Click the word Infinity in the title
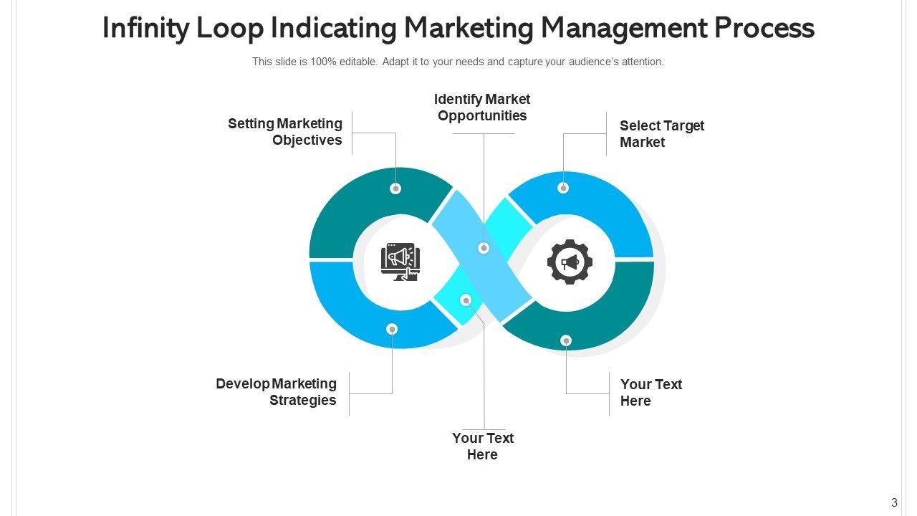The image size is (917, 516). [145, 29]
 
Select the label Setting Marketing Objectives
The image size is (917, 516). [285, 132]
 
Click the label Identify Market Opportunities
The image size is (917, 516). [482, 107]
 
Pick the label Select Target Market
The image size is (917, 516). [661, 134]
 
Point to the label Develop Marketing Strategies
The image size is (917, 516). [277, 392]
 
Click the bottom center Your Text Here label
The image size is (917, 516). [482, 446]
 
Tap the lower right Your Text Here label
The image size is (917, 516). [650, 393]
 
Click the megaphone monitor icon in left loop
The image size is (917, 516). [400, 262]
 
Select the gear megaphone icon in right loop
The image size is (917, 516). [570, 262]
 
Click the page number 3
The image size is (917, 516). [894, 502]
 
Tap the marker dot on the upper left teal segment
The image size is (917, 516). [395, 188]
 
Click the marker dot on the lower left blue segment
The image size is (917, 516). [392, 329]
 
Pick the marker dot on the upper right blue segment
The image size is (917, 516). [563, 188]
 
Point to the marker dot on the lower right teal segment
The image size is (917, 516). [566, 340]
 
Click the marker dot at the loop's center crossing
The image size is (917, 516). [484, 248]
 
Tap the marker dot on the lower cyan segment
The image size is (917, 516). [466, 300]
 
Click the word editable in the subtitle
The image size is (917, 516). [358, 62]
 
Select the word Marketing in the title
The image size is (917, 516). [469, 29]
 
